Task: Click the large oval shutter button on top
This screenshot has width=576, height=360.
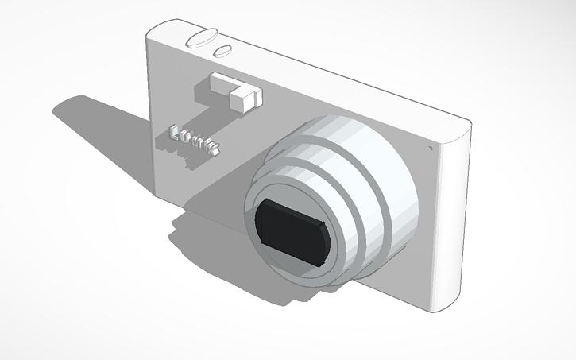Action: [x=201, y=37]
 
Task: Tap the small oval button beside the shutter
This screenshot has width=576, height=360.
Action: [x=222, y=52]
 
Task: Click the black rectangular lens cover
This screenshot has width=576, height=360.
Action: [x=292, y=231]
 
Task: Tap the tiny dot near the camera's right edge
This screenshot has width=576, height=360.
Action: [x=430, y=147]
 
